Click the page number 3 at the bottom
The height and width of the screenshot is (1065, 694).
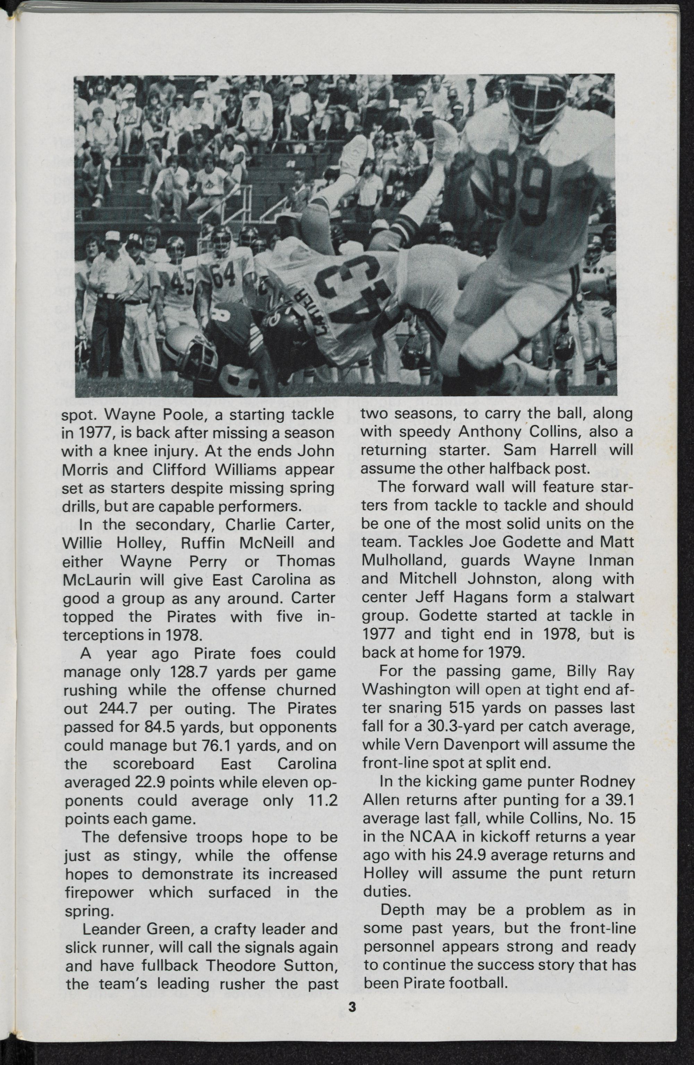pyautogui.click(x=352, y=1005)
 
